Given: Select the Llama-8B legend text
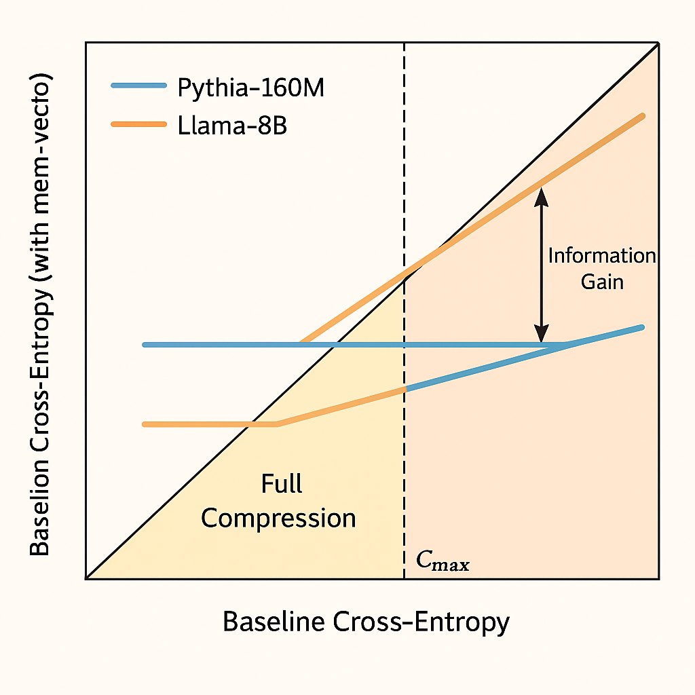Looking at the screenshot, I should tap(232, 126).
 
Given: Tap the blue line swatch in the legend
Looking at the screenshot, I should tap(138, 86).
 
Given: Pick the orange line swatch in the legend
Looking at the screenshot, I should tap(138, 124).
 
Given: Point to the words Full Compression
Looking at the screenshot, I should tap(279, 502).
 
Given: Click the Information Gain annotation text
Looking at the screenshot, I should tap(601, 268).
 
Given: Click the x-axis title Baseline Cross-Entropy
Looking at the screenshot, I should tap(366, 622).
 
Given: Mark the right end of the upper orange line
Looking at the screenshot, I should tap(641, 117).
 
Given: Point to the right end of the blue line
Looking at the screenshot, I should tap(641, 327).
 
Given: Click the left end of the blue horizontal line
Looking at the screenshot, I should tap(145, 345).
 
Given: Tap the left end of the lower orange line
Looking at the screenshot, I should tap(145, 424).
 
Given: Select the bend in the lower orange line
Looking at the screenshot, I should tap(278, 424).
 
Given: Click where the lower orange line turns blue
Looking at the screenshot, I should tap(405, 389).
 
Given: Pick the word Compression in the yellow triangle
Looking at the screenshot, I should tap(279, 519).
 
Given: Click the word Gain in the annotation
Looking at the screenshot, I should tap(602, 280).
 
